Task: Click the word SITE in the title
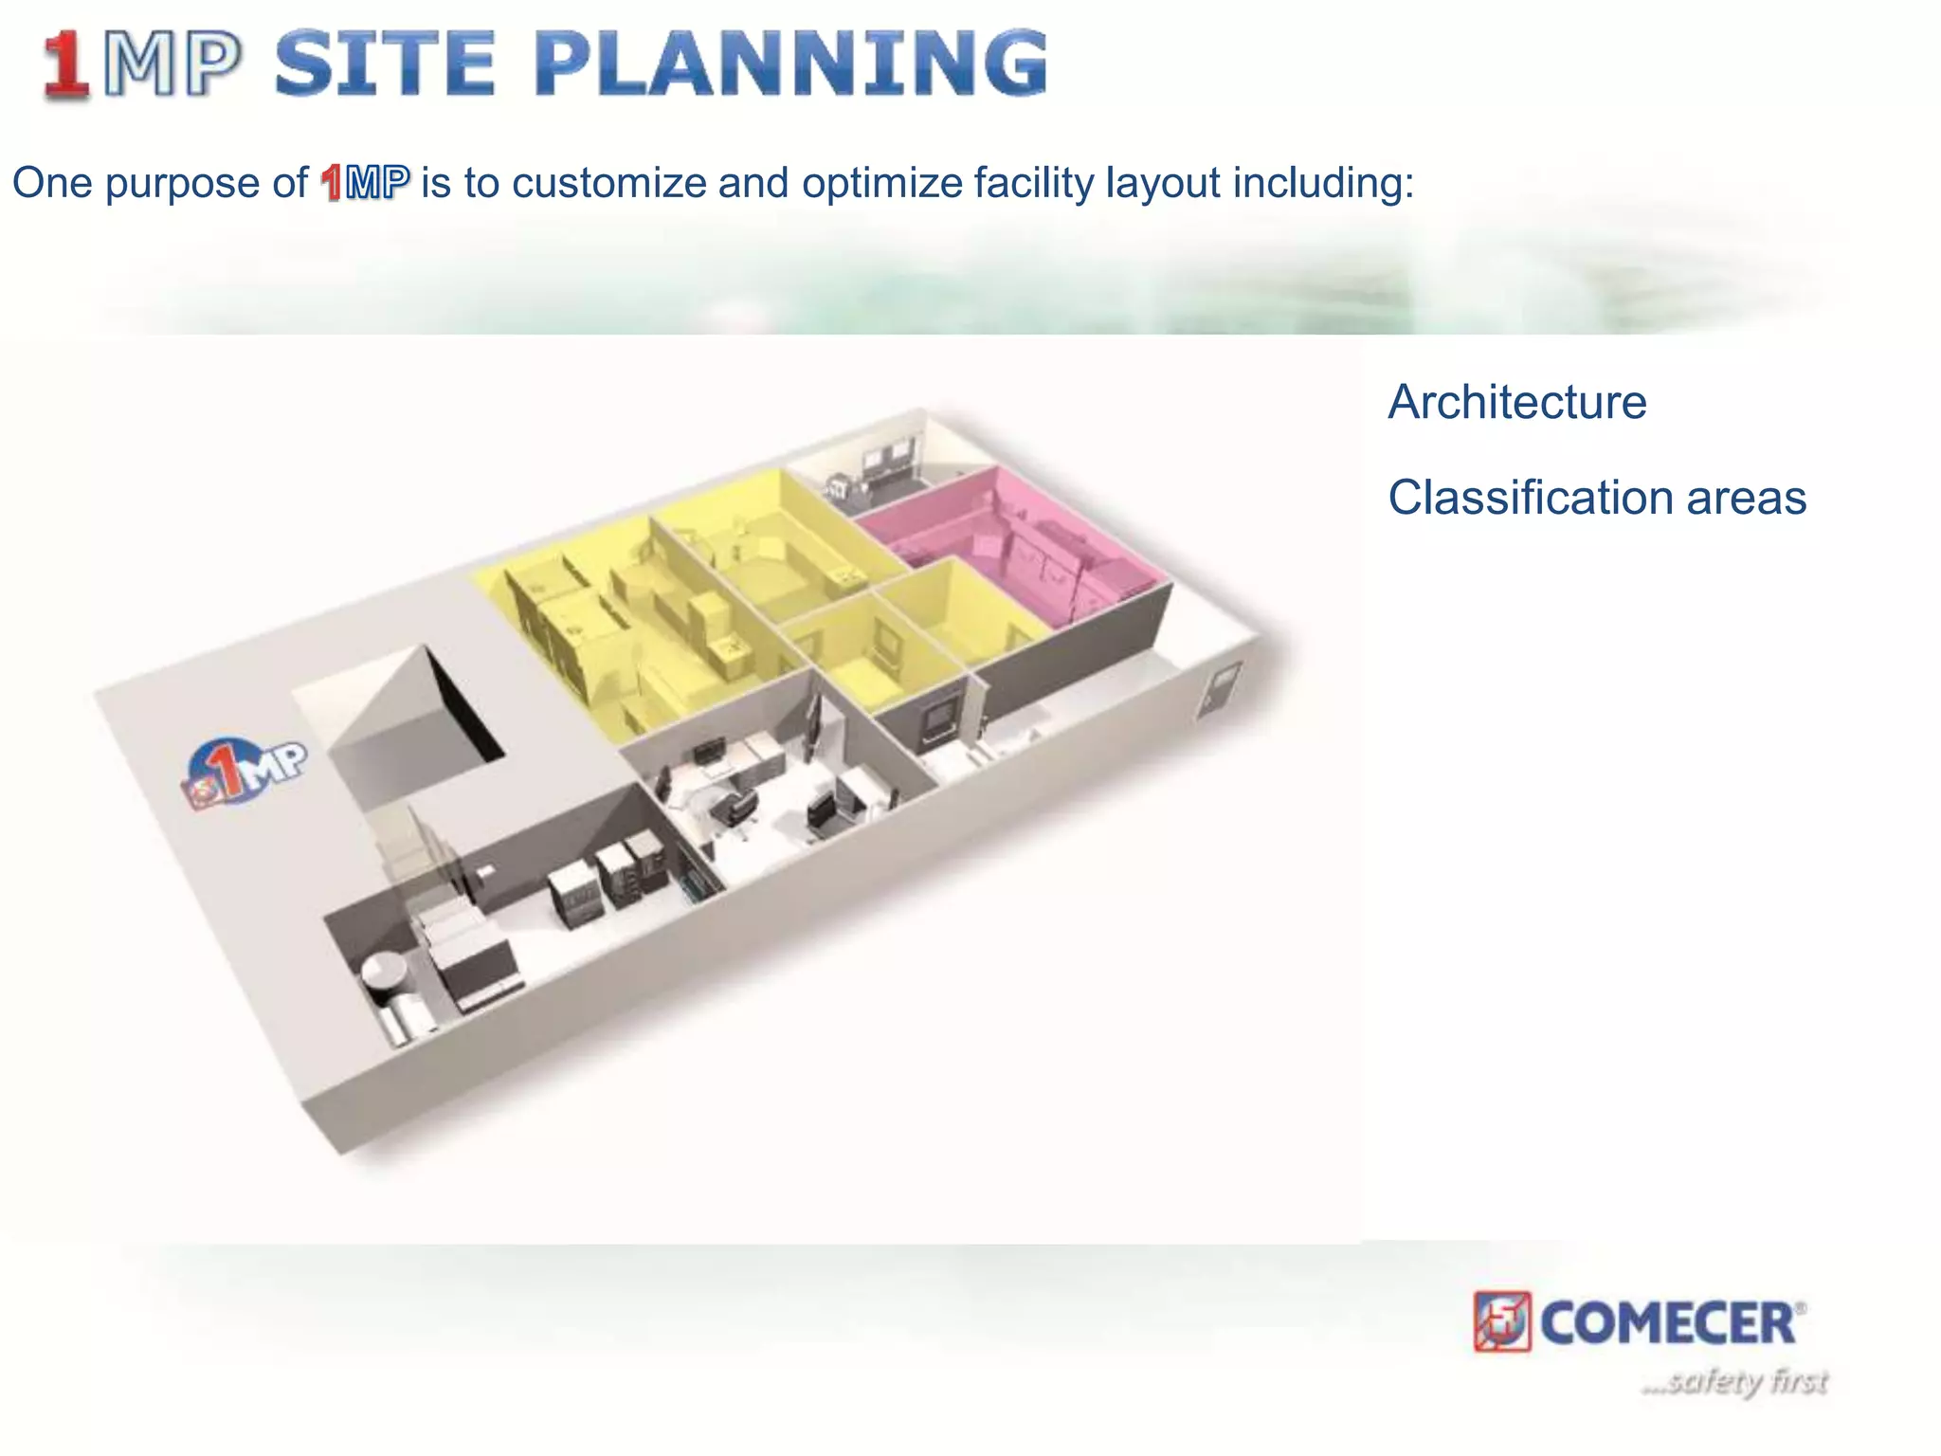tap(384, 64)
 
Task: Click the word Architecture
tap(1517, 402)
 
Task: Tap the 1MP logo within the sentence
tap(365, 182)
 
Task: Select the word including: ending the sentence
tap(1323, 182)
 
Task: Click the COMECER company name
tap(1668, 1322)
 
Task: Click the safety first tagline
tap(1734, 1381)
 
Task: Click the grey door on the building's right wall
tap(1218, 689)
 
